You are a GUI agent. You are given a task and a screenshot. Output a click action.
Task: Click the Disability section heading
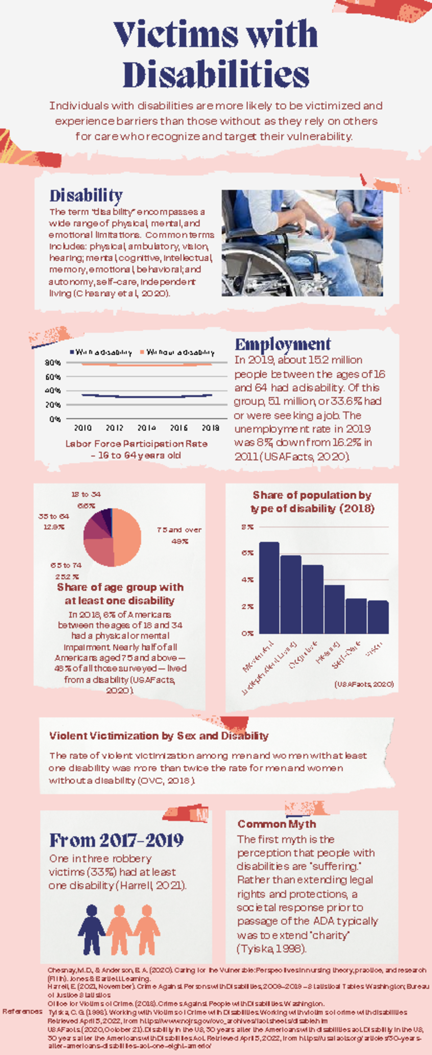click(x=86, y=195)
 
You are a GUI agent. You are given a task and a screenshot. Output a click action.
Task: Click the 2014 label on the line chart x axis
click(x=146, y=428)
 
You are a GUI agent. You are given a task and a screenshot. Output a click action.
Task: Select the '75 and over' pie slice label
click(x=179, y=530)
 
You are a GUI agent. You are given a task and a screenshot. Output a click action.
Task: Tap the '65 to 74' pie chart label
click(x=66, y=565)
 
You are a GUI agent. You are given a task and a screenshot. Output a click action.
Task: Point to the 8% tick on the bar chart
click(x=248, y=527)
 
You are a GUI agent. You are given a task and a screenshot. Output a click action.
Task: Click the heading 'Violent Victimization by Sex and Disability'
click(x=159, y=736)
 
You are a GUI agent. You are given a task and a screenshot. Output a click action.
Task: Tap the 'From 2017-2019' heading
click(x=116, y=840)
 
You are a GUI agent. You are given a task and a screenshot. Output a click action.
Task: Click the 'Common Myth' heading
click(x=277, y=824)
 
